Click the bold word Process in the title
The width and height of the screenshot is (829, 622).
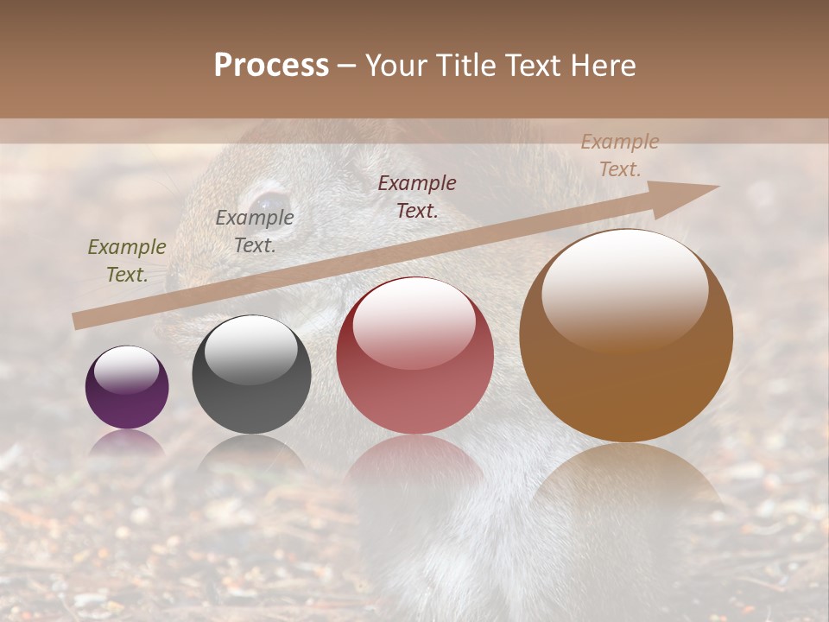pyautogui.click(x=271, y=66)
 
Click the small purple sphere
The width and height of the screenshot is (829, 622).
pyautogui.click(x=127, y=388)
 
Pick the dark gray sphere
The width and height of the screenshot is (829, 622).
pyautogui.click(x=251, y=375)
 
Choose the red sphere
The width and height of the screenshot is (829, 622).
pyautogui.click(x=414, y=356)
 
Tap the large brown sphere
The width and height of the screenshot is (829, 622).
pyautogui.click(x=626, y=336)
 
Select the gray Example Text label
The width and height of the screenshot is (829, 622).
pyautogui.click(x=255, y=232)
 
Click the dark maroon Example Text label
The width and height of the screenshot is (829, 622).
pyautogui.click(x=417, y=196)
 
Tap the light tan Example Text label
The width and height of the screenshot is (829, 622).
pyautogui.click(x=620, y=155)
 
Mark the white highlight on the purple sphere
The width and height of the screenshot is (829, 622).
pyautogui.click(x=126, y=368)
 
